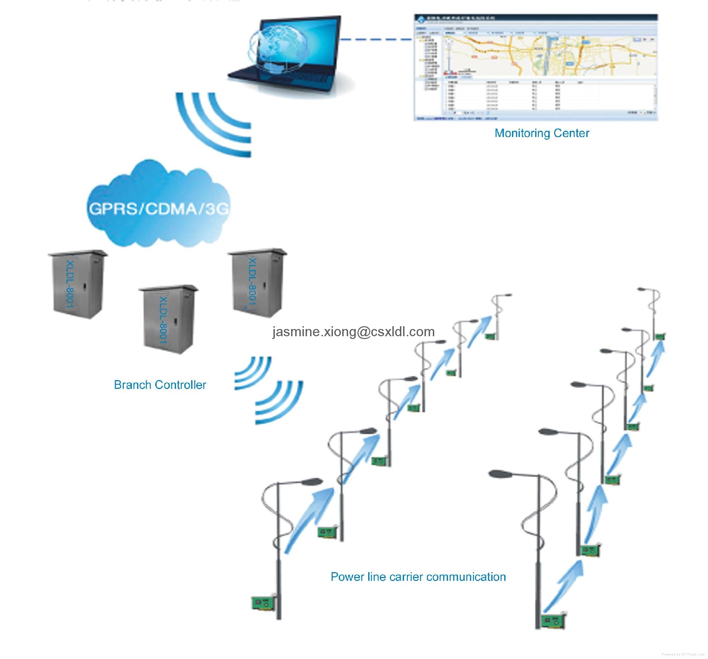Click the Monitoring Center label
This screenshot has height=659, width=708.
[x=541, y=133]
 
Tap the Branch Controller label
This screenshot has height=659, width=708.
[x=160, y=385]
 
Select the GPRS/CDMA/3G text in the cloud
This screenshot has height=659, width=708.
[x=158, y=209]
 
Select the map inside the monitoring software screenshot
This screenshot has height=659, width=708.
[x=548, y=55]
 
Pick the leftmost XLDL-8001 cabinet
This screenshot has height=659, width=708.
[x=78, y=284]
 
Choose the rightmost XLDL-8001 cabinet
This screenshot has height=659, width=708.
[x=257, y=283]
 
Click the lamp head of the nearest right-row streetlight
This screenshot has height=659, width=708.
[x=500, y=474]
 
